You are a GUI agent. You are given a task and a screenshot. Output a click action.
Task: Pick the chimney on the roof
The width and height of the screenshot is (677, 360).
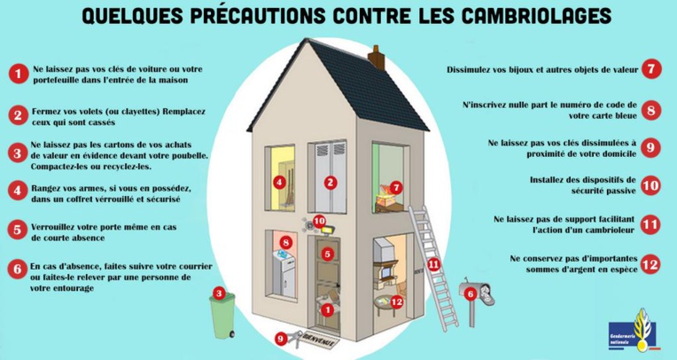coord(377,57)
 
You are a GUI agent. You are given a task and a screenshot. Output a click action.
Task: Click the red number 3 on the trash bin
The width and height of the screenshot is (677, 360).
coord(218,293)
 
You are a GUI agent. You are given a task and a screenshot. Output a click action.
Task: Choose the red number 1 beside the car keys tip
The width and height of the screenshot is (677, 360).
coord(16,74)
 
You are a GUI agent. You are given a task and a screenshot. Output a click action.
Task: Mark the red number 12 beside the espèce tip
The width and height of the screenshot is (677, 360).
coord(650,263)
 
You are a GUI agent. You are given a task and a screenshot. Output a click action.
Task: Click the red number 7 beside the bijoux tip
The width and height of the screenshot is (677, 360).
coord(650,68)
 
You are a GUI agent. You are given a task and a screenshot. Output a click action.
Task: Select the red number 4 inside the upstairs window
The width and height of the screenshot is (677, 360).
coord(279,183)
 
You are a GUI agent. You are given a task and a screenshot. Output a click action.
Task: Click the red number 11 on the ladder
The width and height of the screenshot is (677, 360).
coord(433,263)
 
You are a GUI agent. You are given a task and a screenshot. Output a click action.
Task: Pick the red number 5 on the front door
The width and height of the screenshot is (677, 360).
coord(327,254)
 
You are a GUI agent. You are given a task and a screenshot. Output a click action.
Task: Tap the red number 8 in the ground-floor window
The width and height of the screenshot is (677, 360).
coord(285,241)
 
